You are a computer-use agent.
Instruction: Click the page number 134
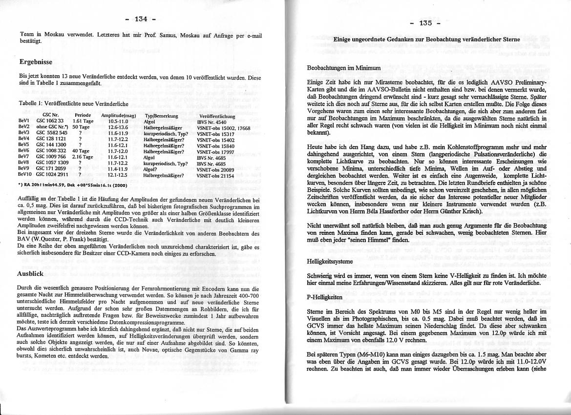pos(141,19)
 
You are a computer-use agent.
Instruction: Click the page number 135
pos(425,23)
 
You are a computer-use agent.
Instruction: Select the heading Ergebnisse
pos(36,62)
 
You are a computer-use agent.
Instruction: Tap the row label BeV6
pos(23,151)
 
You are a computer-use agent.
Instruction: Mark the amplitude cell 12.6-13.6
pos(118,127)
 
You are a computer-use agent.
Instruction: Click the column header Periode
pos(83,116)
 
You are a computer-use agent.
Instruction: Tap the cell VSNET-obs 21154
pos(215,175)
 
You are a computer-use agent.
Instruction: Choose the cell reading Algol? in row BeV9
pos(151,169)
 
